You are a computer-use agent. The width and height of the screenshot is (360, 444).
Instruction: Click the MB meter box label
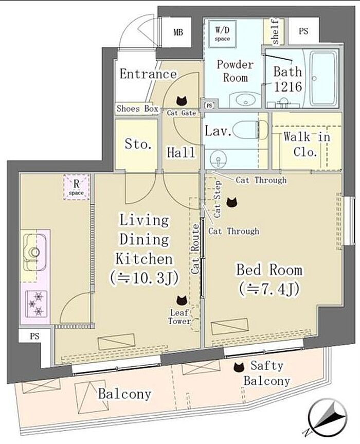coord(178,32)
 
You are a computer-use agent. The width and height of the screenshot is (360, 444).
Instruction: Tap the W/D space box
coord(223,33)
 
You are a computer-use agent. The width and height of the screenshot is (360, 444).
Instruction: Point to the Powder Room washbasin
coord(245,100)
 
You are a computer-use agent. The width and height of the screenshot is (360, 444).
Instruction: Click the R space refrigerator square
coord(77,187)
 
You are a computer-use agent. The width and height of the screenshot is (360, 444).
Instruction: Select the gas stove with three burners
coord(36,304)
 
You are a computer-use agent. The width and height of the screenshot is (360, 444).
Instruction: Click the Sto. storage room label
coord(138,144)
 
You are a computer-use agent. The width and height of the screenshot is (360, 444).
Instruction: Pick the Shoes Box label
coord(137,109)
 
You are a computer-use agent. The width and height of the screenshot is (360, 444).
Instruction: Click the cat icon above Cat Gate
coord(182,100)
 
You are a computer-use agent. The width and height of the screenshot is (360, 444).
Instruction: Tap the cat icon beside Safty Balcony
coord(239,367)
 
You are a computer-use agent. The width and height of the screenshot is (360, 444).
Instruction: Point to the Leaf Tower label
coord(179,317)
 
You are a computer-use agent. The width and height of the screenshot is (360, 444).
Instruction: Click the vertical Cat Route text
coord(195,249)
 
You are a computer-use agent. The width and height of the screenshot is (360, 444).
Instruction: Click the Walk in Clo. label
coord(307,145)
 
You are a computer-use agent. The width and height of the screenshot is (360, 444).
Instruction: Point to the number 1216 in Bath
coord(288,86)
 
